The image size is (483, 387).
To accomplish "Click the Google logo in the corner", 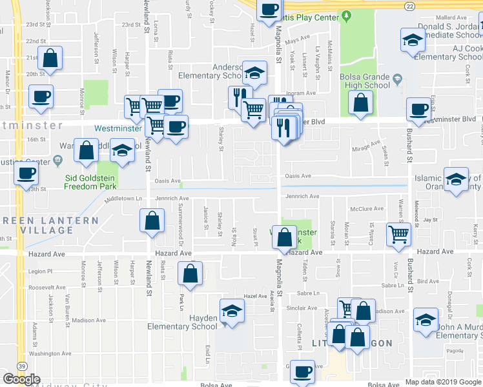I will (22, 379).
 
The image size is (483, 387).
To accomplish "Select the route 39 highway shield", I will (22, 366).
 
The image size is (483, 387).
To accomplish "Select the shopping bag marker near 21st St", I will (49, 59).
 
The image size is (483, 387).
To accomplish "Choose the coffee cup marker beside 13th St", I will (26, 174).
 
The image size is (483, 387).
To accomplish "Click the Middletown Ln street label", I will (123, 199).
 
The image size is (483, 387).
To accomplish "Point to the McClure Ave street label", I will (367, 209).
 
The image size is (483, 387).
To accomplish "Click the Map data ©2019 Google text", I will (444, 382).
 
